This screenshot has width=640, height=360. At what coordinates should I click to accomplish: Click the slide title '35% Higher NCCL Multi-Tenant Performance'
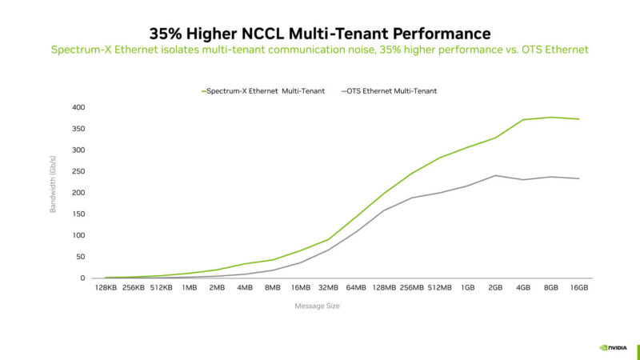(319, 33)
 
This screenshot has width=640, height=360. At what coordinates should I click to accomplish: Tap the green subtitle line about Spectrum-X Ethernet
(319, 50)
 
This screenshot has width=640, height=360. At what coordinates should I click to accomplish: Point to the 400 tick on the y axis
(78, 107)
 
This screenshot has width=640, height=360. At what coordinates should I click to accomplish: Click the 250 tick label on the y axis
(78, 171)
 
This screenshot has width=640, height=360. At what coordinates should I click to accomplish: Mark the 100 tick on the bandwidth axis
(78, 235)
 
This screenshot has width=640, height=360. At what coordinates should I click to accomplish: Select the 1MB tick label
(189, 288)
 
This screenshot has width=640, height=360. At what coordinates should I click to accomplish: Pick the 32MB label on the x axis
(328, 288)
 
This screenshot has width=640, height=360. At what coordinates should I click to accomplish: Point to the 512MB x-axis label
(439, 288)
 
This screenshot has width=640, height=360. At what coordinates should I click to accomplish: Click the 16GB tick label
(578, 288)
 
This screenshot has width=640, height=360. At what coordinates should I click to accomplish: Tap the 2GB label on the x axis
(495, 288)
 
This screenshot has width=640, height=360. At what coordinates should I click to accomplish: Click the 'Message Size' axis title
(318, 306)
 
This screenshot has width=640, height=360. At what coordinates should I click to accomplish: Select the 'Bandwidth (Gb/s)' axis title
(54, 192)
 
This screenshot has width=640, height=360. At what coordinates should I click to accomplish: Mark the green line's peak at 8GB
(551, 118)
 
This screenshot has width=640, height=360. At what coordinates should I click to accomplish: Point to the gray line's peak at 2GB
(495, 175)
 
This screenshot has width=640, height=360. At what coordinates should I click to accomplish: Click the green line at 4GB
(523, 120)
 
